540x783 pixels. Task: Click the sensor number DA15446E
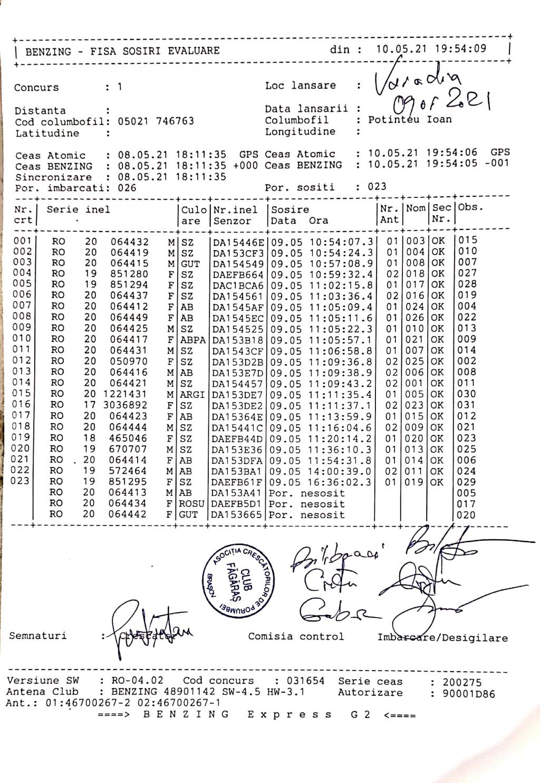pos(238,242)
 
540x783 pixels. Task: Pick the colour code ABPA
pos(192,340)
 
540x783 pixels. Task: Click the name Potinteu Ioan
pos(410,120)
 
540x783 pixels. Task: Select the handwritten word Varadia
pos(417,80)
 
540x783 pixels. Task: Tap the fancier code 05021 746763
pos(156,121)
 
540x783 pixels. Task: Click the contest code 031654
pos(305,681)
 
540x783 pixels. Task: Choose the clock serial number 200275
pos(462,682)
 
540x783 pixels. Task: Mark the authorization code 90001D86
pos(469,694)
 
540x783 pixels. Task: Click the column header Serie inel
pos(78,209)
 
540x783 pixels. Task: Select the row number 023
pos(21,481)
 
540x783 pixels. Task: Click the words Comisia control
pos(296,636)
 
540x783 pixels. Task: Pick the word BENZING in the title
pos(48,51)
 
